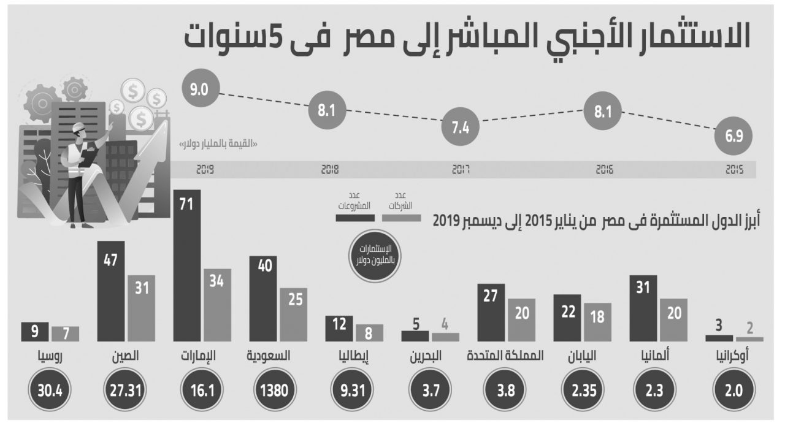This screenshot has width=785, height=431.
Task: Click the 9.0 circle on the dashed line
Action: click(199, 91)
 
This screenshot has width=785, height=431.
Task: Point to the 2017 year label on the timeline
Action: click(461, 170)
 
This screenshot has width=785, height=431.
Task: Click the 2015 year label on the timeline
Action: click(734, 170)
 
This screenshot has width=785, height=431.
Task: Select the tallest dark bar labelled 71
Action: click(187, 265)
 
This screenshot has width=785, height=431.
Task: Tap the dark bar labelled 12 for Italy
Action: click(339, 329)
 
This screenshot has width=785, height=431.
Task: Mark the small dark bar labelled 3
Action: click(719, 337)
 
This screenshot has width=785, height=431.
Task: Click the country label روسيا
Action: click(50, 356)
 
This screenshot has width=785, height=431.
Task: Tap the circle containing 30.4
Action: click(50, 389)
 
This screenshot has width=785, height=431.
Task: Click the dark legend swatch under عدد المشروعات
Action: click(354, 217)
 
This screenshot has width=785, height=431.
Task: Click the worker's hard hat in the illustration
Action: click(80, 128)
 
